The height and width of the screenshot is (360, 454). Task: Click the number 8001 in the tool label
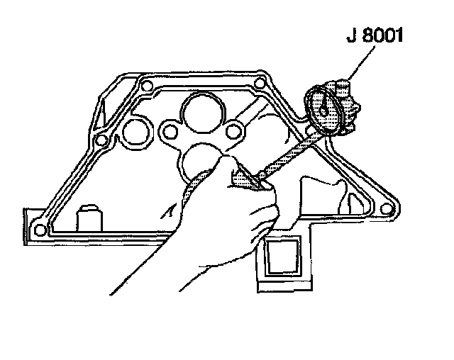point(381,35)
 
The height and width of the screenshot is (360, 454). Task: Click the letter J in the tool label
point(350,35)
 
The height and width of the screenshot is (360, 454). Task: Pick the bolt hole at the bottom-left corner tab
point(41,228)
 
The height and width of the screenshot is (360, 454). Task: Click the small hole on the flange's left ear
point(169,131)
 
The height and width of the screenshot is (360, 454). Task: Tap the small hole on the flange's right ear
point(231,131)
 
